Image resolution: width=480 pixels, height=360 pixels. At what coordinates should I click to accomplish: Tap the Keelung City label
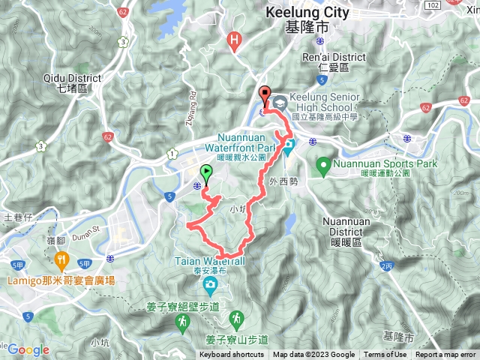307,13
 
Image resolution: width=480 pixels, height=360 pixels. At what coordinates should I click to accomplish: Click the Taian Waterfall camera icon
210,284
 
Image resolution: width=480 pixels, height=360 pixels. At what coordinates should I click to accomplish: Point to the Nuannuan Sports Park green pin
324,163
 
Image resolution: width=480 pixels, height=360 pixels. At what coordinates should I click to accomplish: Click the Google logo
28,349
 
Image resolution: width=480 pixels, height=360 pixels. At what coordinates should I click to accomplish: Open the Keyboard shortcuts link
232,355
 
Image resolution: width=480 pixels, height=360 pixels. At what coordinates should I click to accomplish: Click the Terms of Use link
385,355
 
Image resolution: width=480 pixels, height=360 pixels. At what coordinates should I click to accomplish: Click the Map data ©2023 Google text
313,355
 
